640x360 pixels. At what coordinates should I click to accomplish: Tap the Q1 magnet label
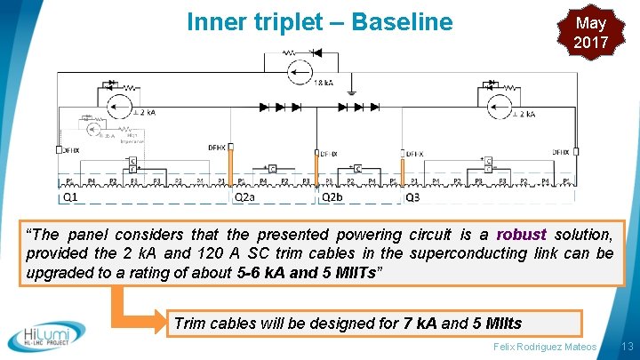(70, 197)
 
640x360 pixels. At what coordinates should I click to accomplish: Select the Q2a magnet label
(244, 197)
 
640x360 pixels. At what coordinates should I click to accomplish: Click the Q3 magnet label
(412, 197)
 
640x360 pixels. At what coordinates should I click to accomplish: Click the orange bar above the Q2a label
(230, 170)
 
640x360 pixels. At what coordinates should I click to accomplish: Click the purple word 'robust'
(522, 235)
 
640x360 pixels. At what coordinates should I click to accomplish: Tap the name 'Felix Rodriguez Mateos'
(544, 345)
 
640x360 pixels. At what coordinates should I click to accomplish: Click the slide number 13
(627, 345)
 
